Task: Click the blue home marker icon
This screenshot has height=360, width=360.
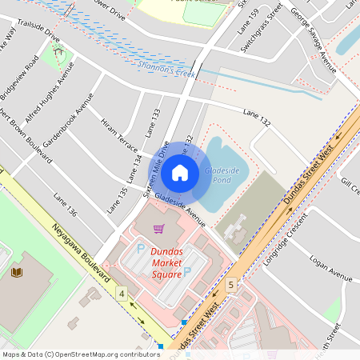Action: click(x=180, y=172)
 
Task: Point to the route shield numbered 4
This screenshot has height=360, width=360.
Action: click(x=122, y=294)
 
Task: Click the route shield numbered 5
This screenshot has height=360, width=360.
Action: click(x=231, y=284)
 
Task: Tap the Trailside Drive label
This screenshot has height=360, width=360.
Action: click(x=38, y=32)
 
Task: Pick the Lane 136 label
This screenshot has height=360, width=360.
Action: click(x=66, y=206)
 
